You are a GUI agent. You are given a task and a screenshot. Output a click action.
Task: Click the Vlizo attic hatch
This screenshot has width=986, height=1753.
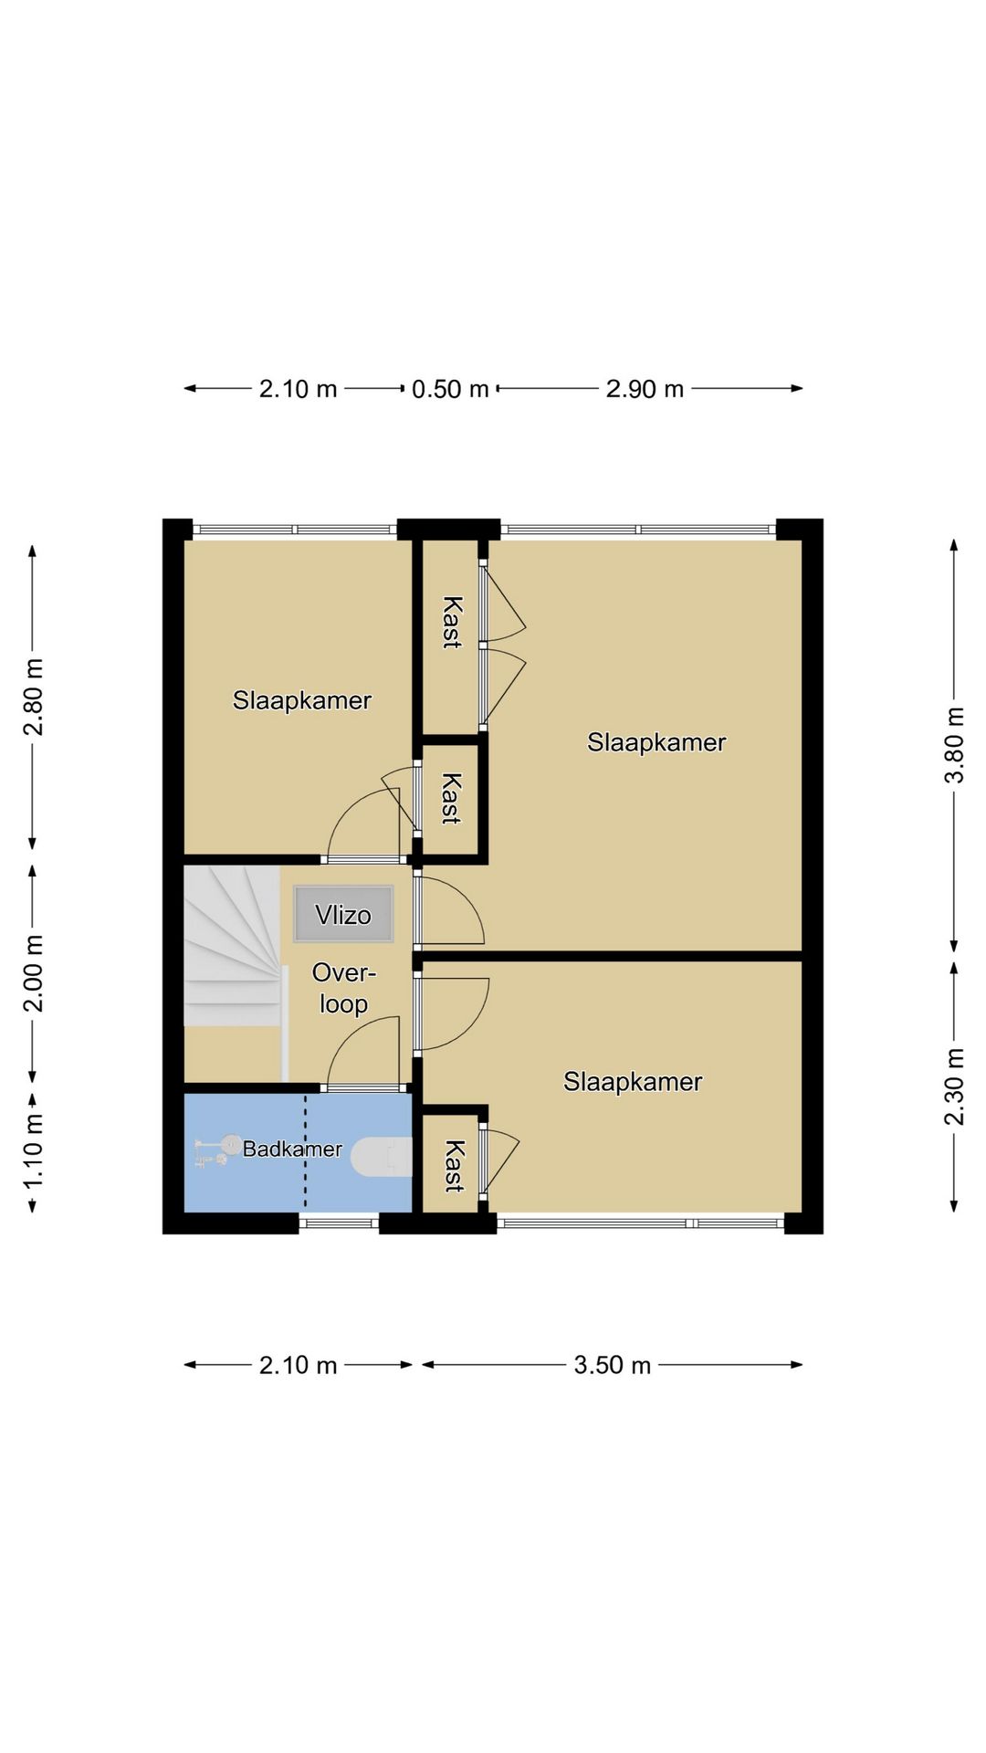(x=343, y=914)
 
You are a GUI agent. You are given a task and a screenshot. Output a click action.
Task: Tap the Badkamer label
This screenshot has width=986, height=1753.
(x=292, y=1149)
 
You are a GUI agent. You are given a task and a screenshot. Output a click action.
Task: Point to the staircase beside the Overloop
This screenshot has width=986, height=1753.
(x=232, y=946)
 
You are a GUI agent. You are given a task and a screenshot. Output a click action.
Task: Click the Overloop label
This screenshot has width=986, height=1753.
(x=344, y=988)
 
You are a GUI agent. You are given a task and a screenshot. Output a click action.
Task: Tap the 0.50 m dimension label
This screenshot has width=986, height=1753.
(x=450, y=389)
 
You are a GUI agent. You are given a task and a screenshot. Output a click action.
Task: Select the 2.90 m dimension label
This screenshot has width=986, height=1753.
(x=645, y=389)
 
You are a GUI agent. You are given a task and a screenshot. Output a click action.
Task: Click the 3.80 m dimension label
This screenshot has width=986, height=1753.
(x=954, y=745)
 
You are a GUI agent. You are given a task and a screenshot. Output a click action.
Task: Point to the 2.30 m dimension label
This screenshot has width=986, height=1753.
(x=954, y=1086)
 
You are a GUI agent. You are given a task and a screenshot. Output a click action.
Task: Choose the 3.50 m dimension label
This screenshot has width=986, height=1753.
(x=612, y=1365)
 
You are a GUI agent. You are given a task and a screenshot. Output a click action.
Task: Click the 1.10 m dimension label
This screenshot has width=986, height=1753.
(x=33, y=1151)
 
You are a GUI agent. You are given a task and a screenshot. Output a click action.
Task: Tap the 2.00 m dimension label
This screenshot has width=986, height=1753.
(x=33, y=973)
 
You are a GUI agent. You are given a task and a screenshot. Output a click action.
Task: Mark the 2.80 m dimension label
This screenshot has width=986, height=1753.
(x=33, y=696)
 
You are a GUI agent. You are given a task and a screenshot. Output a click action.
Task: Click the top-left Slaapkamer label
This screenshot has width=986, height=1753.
(x=302, y=700)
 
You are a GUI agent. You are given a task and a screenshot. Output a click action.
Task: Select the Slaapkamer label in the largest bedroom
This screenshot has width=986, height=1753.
(x=656, y=742)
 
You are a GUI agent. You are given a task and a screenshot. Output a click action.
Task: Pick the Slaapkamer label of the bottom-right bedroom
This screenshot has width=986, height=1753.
(x=633, y=1082)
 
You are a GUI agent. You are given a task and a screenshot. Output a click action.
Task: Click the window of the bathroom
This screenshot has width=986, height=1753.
(x=339, y=1223)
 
